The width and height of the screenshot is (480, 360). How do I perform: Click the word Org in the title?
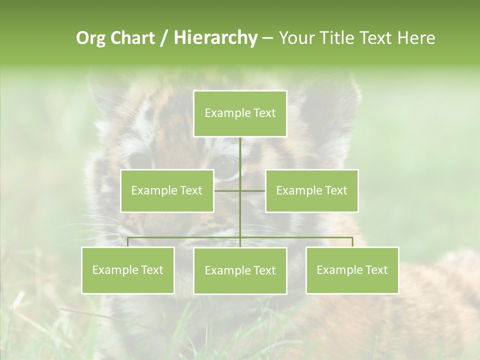coord(90,38)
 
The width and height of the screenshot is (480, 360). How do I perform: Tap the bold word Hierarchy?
coord(215,38)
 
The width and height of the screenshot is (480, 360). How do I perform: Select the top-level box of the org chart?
coord(240,113)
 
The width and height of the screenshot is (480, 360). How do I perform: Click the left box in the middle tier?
coord(167,190)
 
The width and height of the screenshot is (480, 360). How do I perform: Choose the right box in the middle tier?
coord(311,190)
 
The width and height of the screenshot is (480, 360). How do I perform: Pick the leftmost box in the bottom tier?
coord(127,270)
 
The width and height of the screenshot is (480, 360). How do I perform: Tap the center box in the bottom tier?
coord(240,270)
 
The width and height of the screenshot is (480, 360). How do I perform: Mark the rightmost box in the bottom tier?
coord(352,270)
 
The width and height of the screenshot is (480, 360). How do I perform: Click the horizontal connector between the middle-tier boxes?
coord(252,190)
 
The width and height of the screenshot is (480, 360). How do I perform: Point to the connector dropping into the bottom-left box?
coord(127,242)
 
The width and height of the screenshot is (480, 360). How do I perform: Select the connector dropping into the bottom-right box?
coord(352,242)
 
